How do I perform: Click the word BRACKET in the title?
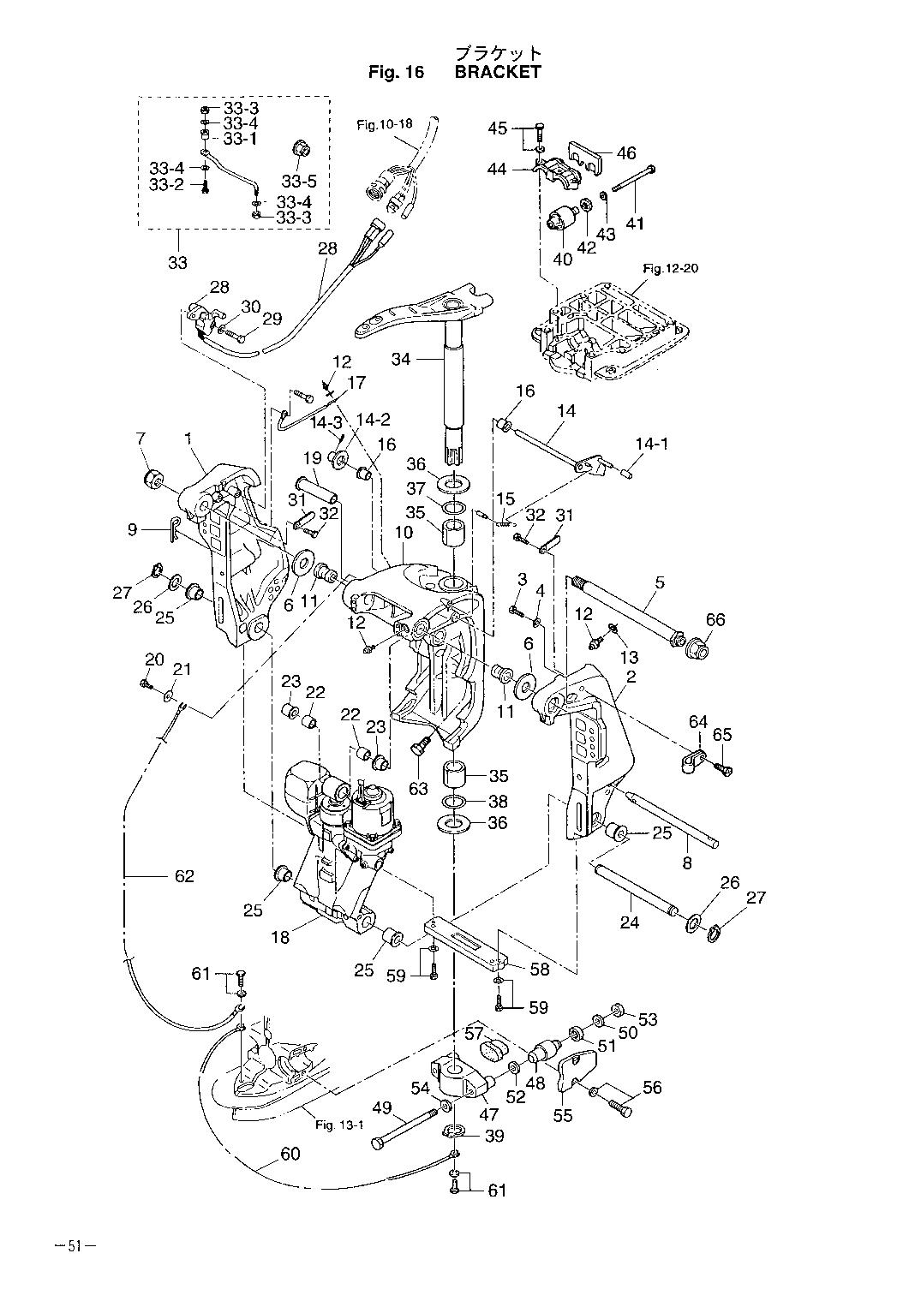pos(498,72)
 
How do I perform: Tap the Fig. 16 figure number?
pos(397,72)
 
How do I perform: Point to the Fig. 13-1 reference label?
pos(339,1125)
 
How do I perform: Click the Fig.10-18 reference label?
pos(385,124)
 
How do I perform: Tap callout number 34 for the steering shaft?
pos(401,360)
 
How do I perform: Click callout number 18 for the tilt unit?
pos(281,937)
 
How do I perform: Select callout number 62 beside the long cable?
pos(184,876)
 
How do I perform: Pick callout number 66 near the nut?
pos(715,620)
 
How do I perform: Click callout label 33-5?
pos(299,182)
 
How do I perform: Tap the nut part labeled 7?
pos(153,480)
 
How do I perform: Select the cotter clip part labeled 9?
pos(175,529)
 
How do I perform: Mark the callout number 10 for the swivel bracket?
pos(404,532)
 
